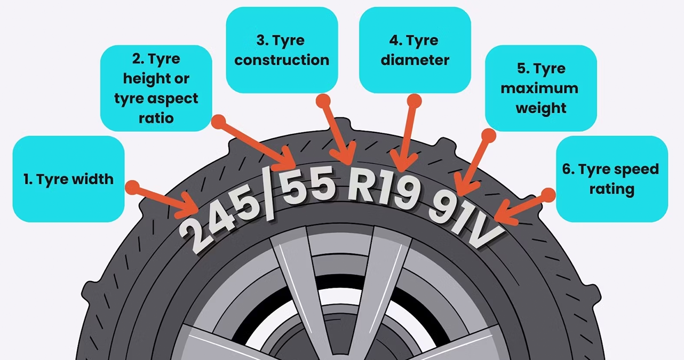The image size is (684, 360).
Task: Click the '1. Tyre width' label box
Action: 68,179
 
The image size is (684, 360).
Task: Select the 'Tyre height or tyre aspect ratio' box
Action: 156,88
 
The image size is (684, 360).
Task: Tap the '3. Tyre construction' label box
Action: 282,50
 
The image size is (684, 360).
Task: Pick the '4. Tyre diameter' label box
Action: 415,50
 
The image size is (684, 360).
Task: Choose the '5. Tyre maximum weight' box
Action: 540,88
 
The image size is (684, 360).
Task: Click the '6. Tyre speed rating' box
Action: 611,179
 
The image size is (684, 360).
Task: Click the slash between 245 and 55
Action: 270,195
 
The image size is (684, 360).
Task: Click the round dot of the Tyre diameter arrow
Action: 415,101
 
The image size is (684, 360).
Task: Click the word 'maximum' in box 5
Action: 539,89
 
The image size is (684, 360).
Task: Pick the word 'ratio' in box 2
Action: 156,117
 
